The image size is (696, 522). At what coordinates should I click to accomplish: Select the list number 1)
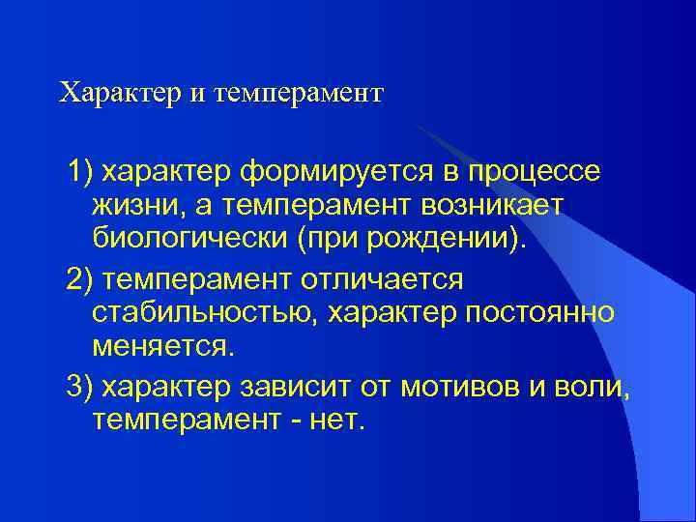point(80,172)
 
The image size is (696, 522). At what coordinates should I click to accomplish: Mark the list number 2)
point(80,279)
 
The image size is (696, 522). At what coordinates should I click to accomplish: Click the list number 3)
point(80,387)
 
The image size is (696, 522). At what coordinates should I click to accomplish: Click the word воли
point(600,387)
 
